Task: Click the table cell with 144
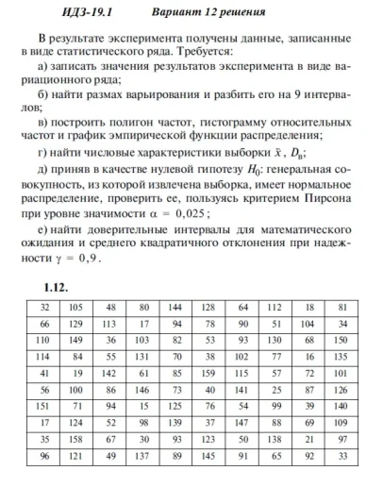pyautogui.click(x=176, y=309)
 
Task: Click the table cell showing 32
pyautogui.click(x=44, y=309)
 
